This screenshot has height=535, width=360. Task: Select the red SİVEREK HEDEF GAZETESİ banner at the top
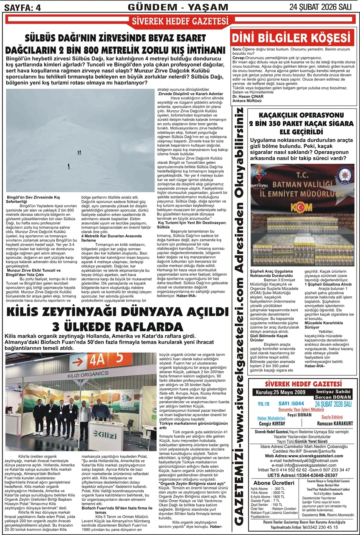(180, 21)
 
